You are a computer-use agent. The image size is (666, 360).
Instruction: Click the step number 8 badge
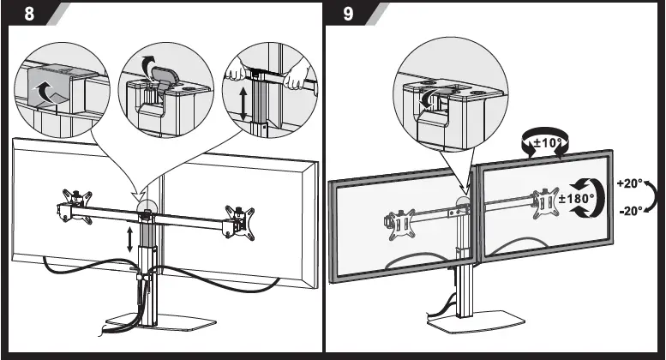click(x=27, y=15)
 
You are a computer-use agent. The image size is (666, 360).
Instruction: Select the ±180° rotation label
click(x=577, y=199)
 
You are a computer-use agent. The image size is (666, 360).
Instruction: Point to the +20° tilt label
click(x=631, y=183)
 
